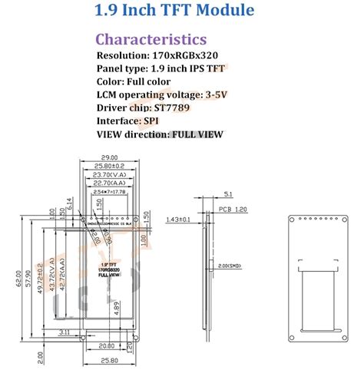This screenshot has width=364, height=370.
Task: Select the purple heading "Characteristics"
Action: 151,39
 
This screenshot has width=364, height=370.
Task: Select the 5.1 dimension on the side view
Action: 230,193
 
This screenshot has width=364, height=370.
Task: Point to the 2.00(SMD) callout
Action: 229,265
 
